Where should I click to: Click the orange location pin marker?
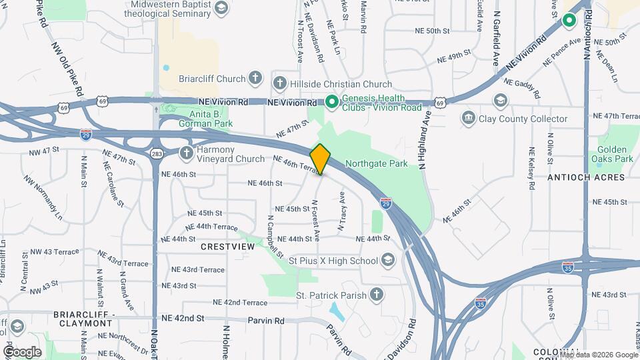(x=321, y=159)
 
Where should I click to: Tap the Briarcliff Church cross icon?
(x=254, y=79)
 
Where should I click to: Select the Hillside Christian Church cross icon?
(x=280, y=84)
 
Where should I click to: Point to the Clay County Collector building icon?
(x=469, y=119)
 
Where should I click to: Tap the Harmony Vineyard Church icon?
(x=187, y=152)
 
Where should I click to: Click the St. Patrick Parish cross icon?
(x=377, y=295)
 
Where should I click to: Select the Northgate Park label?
(x=376, y=163)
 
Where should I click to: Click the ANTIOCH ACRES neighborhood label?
(x=586, y=177)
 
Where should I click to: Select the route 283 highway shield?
(x=156, y=153)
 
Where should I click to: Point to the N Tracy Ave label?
(x=341, y=211)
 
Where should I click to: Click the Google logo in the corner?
(x=22, y=351)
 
